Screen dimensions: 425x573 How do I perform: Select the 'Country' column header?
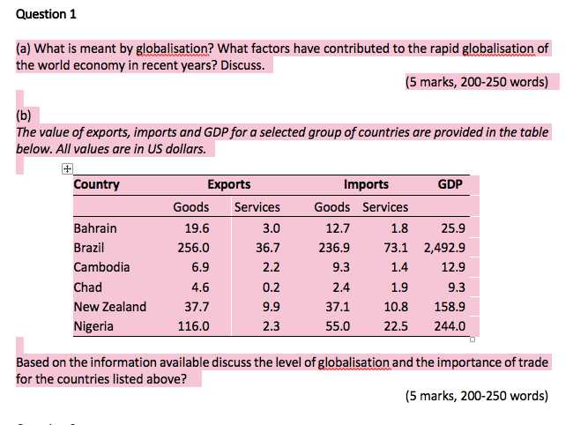(x=96, y=184)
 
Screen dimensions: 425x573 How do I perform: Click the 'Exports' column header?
(x=228, y=184)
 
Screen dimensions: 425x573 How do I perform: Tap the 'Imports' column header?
(x=366, y=184)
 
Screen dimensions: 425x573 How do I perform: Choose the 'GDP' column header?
(x=450, y=184)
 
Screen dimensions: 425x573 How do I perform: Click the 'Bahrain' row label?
(x=95, y=227)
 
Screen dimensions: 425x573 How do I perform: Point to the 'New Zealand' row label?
(x=110, y=307)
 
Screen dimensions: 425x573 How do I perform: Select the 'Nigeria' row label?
(x=93, y=326)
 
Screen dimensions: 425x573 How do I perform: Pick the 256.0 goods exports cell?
(x=194, y=248)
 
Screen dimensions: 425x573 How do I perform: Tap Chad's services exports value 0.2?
(x=271, y=287)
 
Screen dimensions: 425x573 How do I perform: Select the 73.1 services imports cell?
(x=396, y=248)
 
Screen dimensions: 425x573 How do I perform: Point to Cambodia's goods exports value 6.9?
(x=200, y=267)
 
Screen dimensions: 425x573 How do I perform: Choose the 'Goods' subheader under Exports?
(x=190, y=207)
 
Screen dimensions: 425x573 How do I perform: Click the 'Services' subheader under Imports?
(x=385, y=207)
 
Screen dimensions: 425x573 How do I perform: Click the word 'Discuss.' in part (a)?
(x=242, y=65)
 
